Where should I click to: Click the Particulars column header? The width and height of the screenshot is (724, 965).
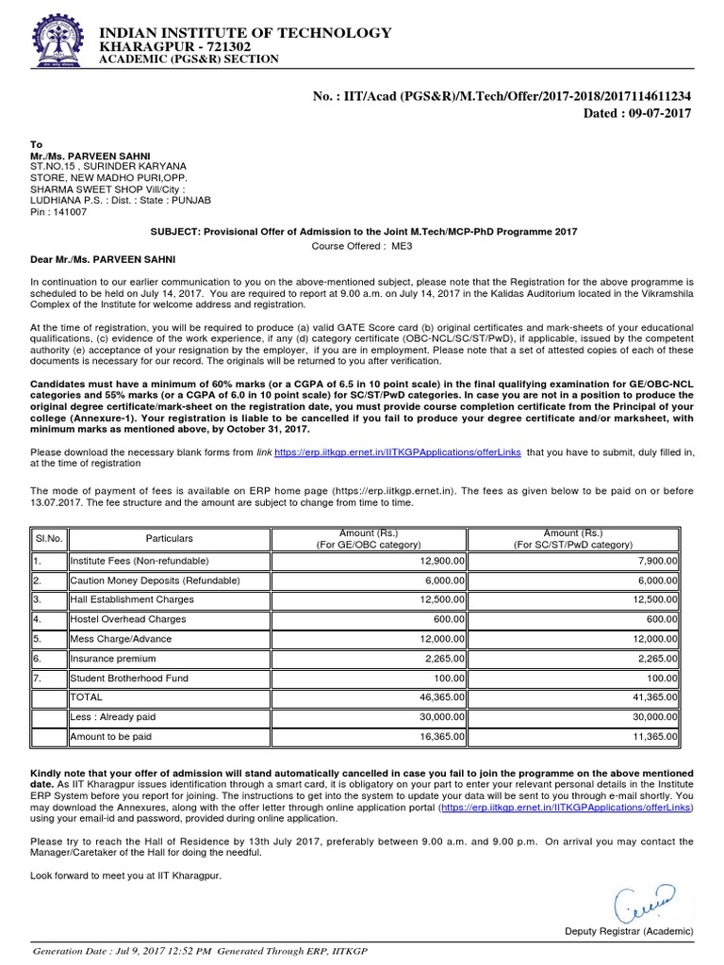(169, 538)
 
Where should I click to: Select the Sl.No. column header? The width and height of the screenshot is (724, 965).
(48, 538)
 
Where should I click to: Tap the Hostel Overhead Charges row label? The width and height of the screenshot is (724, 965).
(128, 619)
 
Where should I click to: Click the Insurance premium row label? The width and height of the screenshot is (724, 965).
(114, 658)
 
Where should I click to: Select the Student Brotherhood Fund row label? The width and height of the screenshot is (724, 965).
(131, 678)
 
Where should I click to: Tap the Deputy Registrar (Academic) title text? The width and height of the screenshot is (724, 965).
(629, 930)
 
